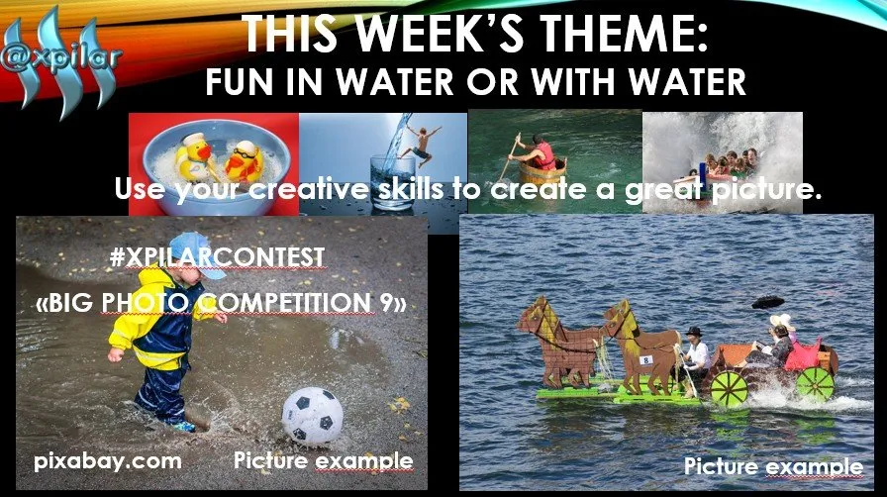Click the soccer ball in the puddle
click(312, 415)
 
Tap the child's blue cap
click(198, 254)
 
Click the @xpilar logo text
click(61, 58)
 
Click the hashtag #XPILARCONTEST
click(218, 257)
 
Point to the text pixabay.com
click(108, 461)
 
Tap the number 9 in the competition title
click(386, 303)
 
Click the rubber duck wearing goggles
click(244, 161)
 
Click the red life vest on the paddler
click(544, 155)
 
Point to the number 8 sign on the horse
click(646, 359)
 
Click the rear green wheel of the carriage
click(815, 384)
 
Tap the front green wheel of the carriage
click(729, 388)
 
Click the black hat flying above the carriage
click(767, 302)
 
